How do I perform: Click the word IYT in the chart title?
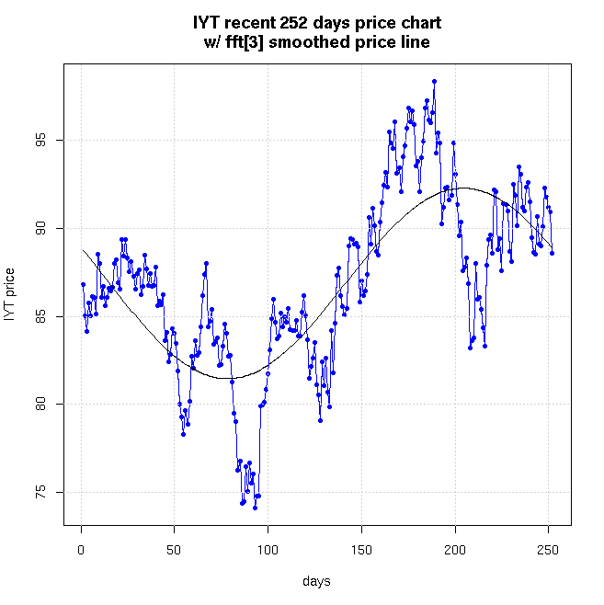click(208, 22)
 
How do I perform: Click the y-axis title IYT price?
click(10, 293)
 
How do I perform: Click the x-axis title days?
click(317, 581)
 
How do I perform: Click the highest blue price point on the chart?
click(434, 82)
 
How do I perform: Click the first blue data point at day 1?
click(83, 284)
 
